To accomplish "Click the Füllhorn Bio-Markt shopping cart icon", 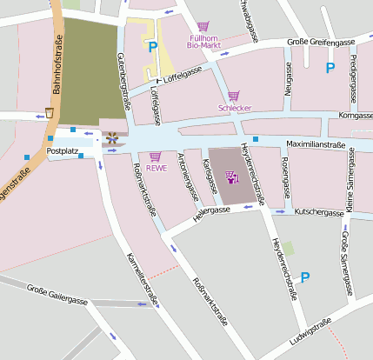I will pyautogui.click(x=203, y=28).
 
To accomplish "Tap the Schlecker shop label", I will pyautogui.click(x=233, y=109).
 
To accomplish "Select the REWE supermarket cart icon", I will pyautogui.click(x=156, y=157).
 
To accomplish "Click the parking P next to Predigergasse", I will pyautogui.click(x=330, y=68).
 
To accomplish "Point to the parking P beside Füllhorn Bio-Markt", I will pyautogui.click(x=153, y=47).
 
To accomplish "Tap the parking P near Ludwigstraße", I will pyautogui.click(x=304, y=277).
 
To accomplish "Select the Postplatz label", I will pyautogui.click(x=63, y=150).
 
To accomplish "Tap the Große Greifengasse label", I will pyautogui.click(x=320, y=42).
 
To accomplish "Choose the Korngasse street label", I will pyautogui.click(x=355, y=115).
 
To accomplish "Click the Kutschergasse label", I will pyautogui.click(x=319, y=211).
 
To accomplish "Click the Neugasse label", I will pyautogui.click(x=288, y=89).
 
